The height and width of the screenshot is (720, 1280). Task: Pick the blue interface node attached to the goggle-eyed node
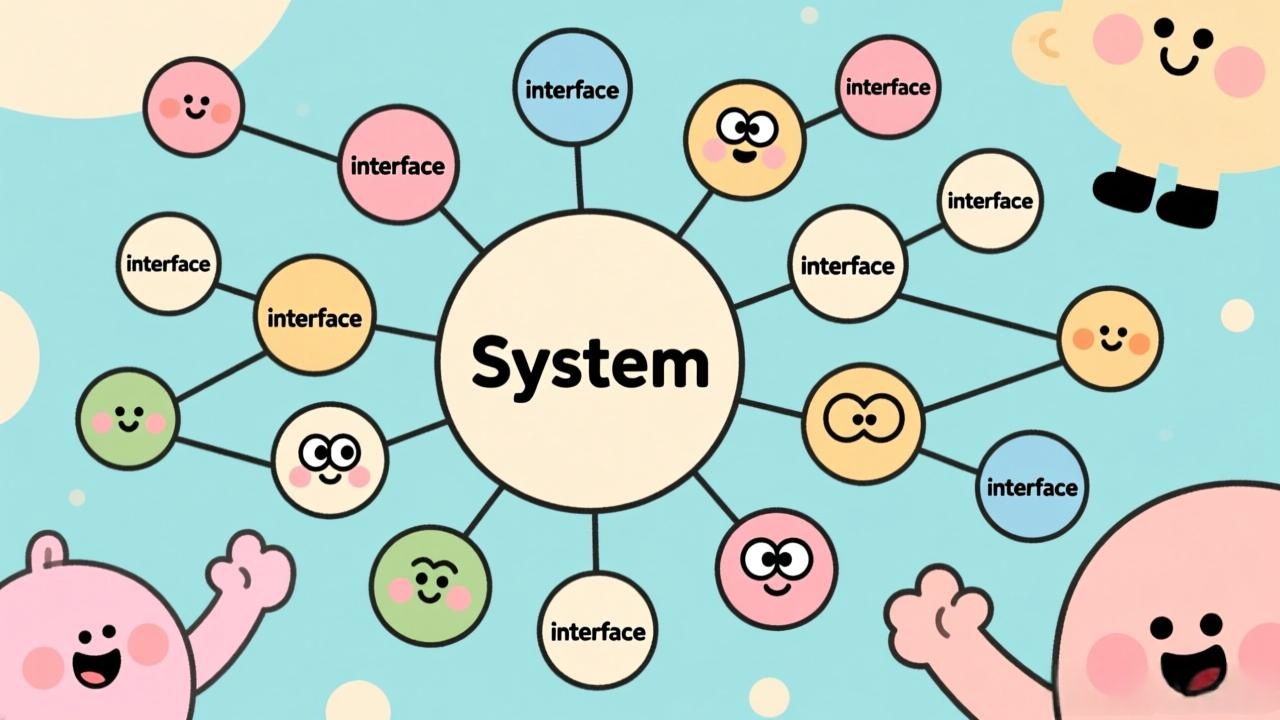point(1032,487)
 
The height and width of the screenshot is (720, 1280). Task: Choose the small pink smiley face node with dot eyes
point(194,105)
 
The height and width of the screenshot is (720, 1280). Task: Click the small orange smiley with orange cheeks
point(1110,338)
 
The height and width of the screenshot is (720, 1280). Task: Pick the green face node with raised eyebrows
point(430,581)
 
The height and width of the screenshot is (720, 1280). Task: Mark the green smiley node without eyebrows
point(128,418)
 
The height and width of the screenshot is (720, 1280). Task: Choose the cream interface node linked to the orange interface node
point(168,263)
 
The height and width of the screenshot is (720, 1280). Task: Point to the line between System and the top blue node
point(578,175)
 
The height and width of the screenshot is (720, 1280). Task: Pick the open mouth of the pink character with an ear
point(96,666)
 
